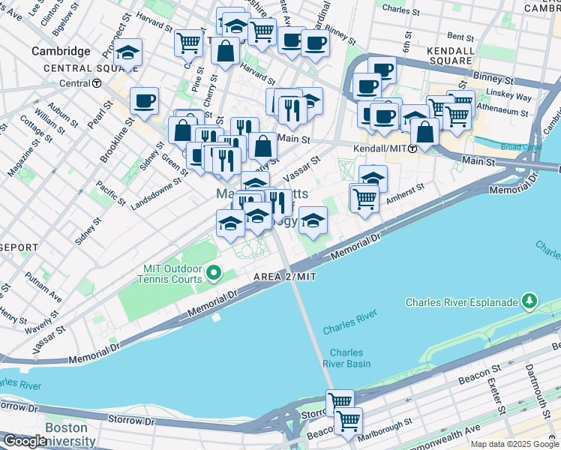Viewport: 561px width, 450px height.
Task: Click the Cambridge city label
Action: [61, 51]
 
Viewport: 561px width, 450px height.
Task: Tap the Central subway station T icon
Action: [97, 83]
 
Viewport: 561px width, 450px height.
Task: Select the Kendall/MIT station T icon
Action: [412, 149]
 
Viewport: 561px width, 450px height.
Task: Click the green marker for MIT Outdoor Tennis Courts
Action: [214, 273]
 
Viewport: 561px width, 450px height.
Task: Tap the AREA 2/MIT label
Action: [284, 277]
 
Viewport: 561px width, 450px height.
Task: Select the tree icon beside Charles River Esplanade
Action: [529, 302]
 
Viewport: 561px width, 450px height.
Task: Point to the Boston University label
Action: [70, 434]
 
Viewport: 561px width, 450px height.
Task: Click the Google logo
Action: [25, 441]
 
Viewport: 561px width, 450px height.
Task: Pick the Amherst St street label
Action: [405, 193]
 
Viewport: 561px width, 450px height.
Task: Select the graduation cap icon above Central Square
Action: [128, 53]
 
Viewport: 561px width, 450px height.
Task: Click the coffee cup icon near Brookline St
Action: [144, 100]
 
